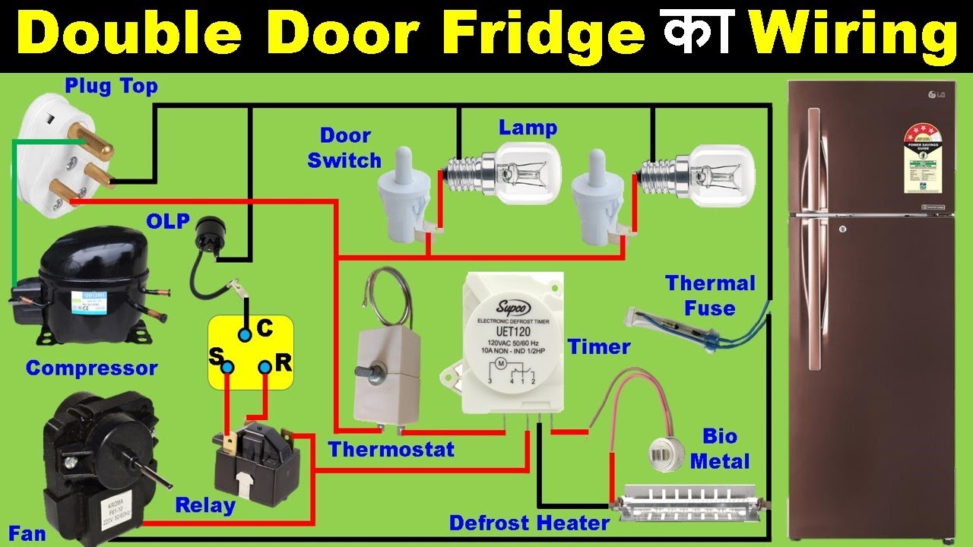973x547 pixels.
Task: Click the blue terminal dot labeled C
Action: (x=244, y=334)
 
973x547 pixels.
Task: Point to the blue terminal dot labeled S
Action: (x=227, y=368)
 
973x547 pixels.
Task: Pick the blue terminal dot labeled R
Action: (x=264, y=368)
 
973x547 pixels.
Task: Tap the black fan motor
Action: (x=91, y=463)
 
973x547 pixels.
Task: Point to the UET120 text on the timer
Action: (x=513, y=332)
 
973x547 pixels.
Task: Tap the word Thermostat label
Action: (x=391, y=449)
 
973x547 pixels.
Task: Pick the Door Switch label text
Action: (x=344, y=148)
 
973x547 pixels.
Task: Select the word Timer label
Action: (x=599, y=347)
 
